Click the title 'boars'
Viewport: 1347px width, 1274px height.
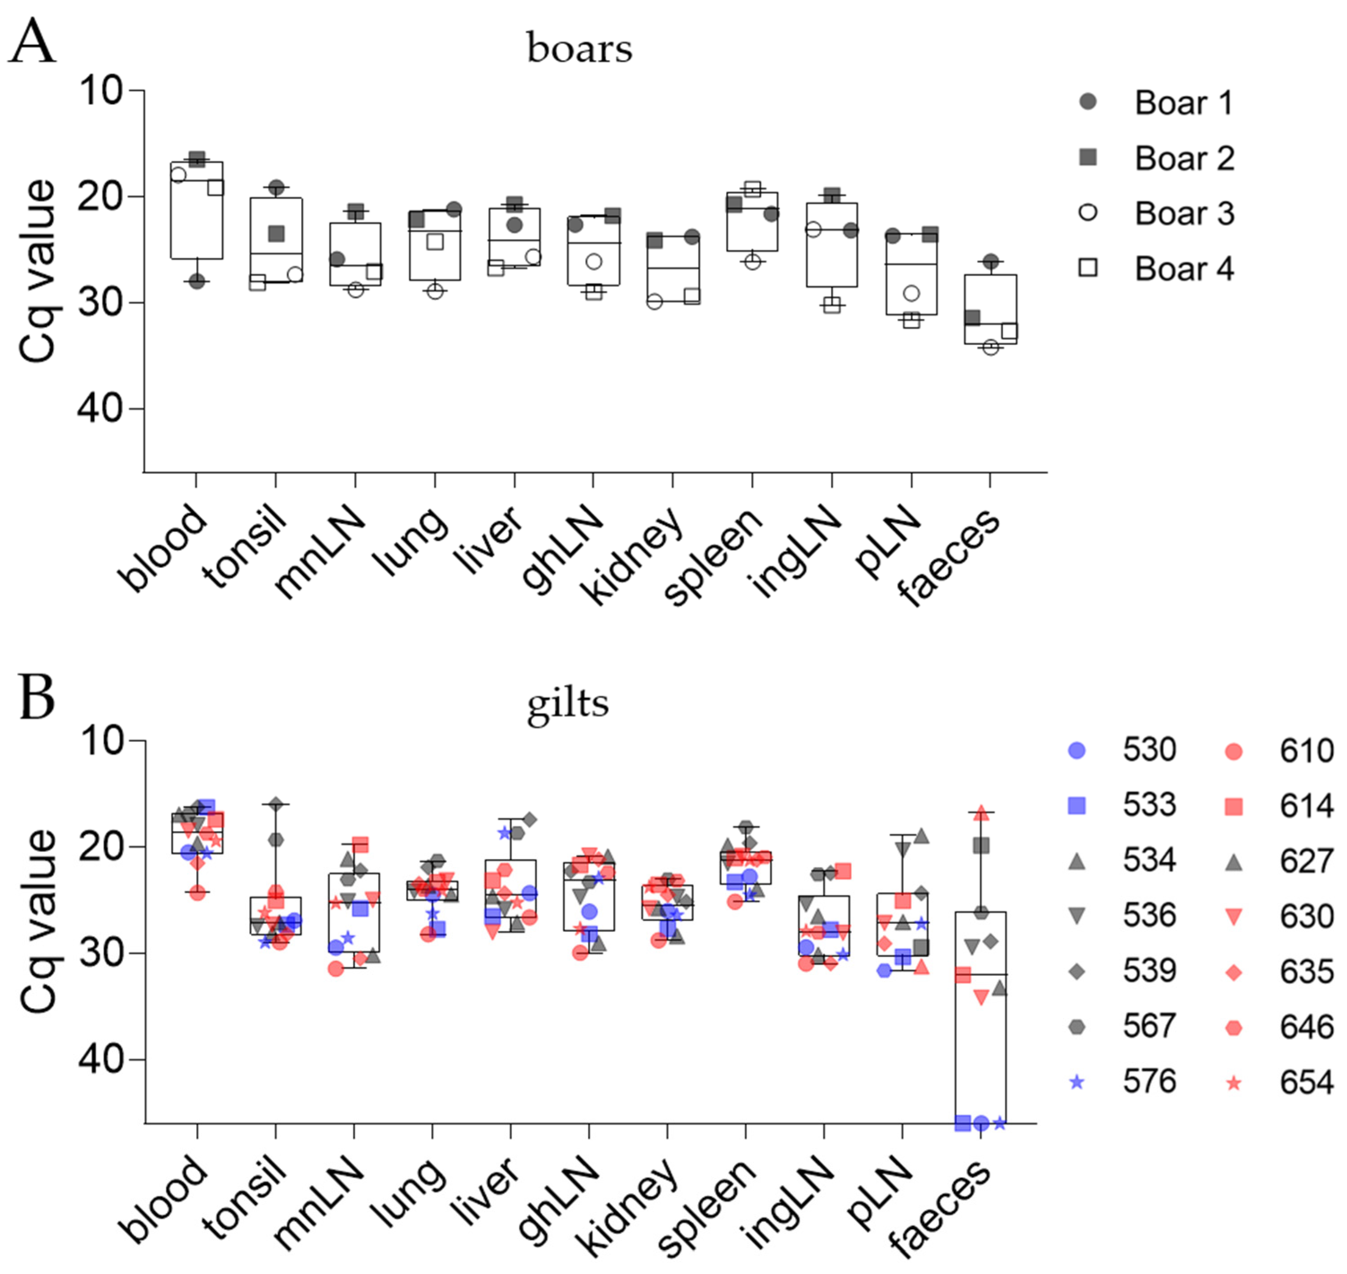(x=579, y=49)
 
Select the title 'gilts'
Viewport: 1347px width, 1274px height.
(x=568, y=703)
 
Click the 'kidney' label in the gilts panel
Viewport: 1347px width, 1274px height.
(x=628, y=1205)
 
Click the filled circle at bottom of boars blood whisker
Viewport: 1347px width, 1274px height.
(x=196, y=281)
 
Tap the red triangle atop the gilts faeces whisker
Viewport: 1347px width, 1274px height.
(x=981, y=813)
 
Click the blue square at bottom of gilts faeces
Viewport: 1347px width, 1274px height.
(x=962, y=1123)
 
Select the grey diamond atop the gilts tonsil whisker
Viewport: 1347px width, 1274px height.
(x=276, y=805)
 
